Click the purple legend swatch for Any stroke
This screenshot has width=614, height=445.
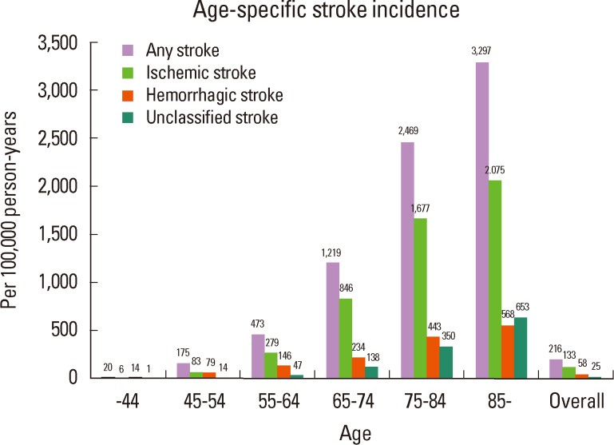(x=126, y=52)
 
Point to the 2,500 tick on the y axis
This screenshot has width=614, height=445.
(x=61, y=139)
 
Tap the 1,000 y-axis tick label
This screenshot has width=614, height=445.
(x=61, y=283)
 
